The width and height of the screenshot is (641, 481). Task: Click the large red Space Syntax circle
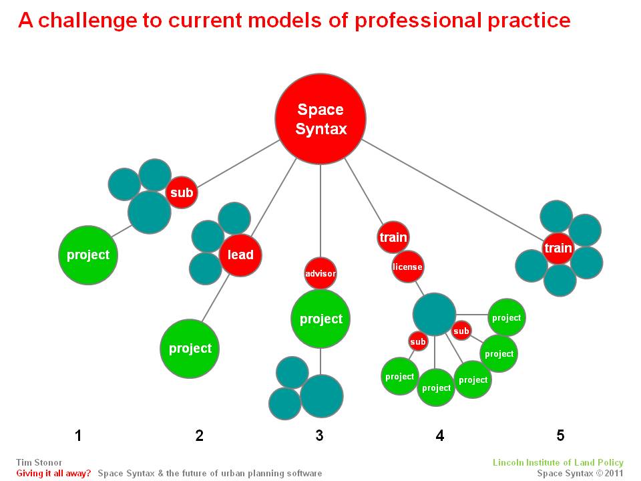[320, 119]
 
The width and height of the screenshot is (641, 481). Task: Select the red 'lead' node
[240, 255]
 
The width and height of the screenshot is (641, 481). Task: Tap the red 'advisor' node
[320, 273]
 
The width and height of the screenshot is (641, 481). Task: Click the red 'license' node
[407, 267]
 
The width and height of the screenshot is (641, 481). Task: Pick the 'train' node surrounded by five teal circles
[558, 248]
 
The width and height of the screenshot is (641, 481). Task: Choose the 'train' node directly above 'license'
[393, 237]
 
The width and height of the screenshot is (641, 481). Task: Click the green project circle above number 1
[88, 255]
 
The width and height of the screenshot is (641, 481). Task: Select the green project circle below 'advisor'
[320, 319]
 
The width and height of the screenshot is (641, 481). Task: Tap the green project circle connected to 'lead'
[190, 349]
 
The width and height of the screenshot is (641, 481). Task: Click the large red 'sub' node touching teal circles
[182, 192]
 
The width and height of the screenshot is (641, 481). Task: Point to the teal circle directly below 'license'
[434, 314]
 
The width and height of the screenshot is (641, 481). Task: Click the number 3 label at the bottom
[320, 436]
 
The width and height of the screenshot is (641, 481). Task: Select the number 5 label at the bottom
[560, 436]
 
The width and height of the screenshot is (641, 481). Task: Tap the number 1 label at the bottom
[79, 436]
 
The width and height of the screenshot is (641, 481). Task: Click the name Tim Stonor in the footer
[39, 462]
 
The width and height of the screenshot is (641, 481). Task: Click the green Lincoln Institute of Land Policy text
[558, 462]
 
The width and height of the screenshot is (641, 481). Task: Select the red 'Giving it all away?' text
[53, 474]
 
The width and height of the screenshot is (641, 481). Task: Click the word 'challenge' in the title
[88, 21]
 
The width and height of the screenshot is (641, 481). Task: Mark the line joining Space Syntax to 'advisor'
[320, 211]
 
